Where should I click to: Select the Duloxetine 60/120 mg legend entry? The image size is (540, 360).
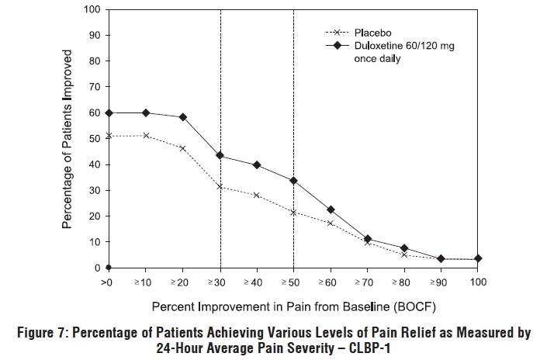[x=400, y=46]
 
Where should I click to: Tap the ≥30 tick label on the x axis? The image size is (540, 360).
[x=220, y=282]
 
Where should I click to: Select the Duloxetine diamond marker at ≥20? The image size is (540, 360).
[x=182, y=117]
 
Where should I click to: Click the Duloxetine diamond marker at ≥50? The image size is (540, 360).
[x=293, y=181]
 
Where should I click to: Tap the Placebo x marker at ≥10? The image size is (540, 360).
[x=146, y=136]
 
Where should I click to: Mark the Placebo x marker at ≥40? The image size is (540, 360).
[x=256, y=195]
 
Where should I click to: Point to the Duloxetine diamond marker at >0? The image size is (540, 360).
[x=109, y=112]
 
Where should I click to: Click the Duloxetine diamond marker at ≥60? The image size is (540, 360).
[x=331, y=209]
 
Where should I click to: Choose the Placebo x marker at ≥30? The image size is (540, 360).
[x=220, y=186]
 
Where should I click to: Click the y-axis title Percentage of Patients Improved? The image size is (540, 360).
[x=68, y=139]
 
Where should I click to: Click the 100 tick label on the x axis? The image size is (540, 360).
[x=478, y=282]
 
